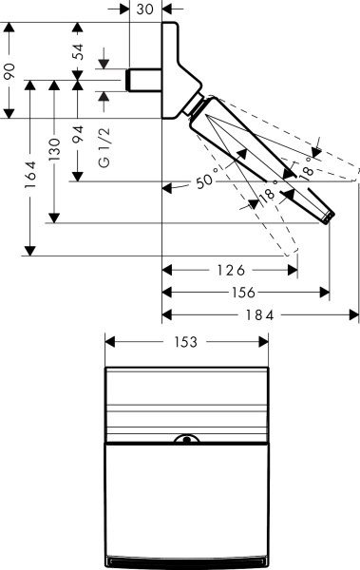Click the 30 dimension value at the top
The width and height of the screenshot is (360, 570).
click(145, 9)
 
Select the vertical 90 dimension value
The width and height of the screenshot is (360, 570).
click(9, 71)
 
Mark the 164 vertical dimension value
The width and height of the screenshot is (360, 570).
click(31, 176)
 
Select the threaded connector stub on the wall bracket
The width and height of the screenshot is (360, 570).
click(144, 78)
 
